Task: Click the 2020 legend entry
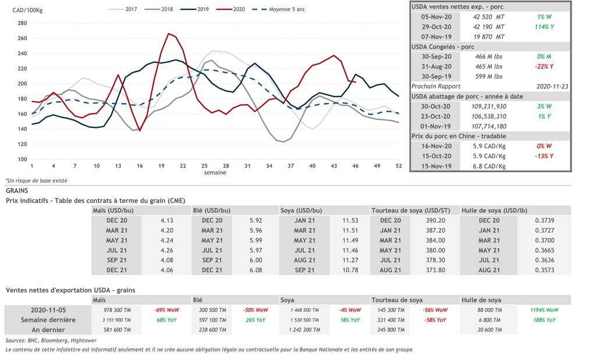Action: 237,9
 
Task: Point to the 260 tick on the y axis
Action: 22,38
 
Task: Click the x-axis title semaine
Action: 215,173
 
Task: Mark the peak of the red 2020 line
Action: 169,34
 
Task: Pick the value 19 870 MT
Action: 489,36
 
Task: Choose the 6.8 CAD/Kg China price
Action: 489,166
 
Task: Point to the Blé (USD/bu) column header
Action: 211,210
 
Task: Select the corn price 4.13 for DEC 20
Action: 166,220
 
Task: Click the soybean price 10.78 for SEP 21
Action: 350,270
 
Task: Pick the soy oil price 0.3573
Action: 545,270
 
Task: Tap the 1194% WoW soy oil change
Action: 545,310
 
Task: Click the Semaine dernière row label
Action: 48,320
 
